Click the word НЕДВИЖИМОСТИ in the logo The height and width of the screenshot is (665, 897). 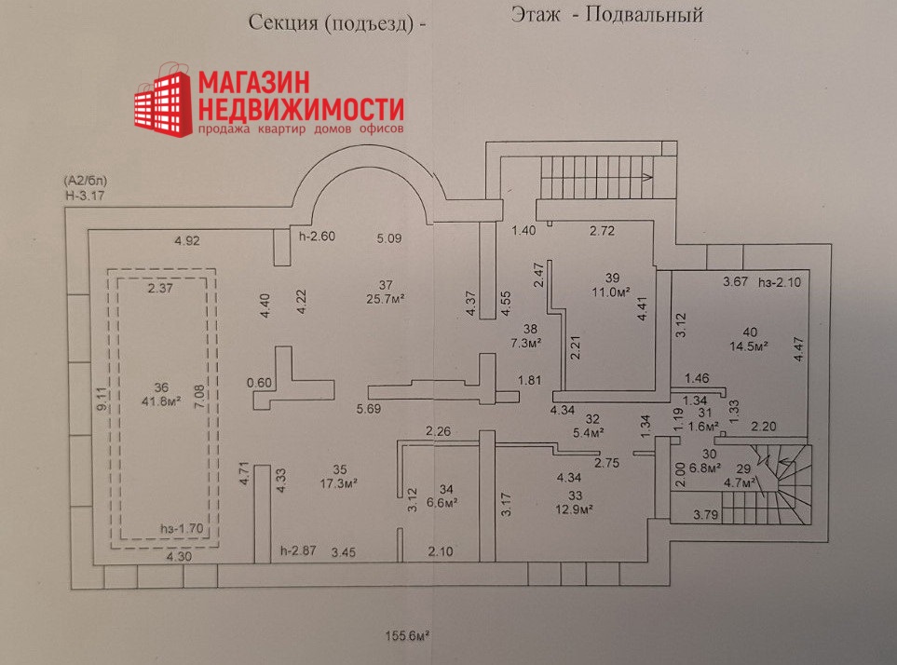coord(301,105)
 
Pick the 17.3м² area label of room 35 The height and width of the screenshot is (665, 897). coord(339,483)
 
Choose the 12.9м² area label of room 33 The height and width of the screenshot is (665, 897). coord(576,509)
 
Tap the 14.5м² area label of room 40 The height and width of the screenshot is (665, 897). coord(749,346)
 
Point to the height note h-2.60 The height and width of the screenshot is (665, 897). coord(316,236)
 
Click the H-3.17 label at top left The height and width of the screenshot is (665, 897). coord(84,195)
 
